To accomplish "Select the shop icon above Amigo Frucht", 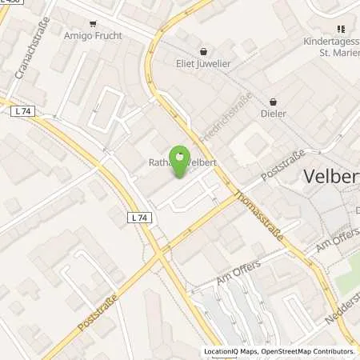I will click(93, 25).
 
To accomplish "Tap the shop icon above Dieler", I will click(274, 102).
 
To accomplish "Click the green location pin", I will click(181, 161).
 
